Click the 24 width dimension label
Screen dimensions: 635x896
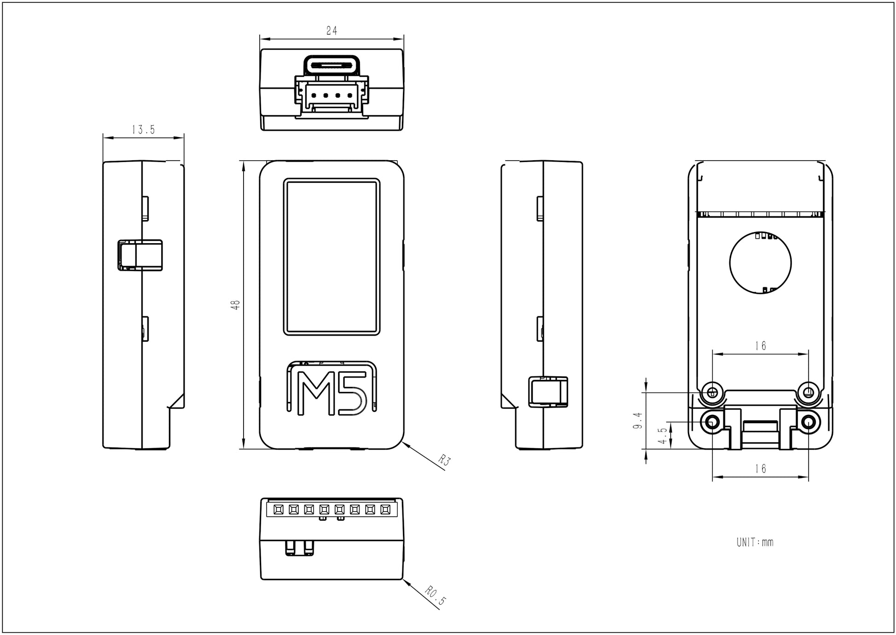coord(332,31)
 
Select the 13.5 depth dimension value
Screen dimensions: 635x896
coord(143,130)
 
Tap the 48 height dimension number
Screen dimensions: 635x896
coord(236,304)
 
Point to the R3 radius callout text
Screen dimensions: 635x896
coord(443,460)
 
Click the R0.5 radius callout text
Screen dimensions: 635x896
coord(436,595)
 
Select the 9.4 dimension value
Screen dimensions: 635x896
coord(638,421)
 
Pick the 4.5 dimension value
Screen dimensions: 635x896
coord(662,435)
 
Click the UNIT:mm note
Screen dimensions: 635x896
coord(755,542)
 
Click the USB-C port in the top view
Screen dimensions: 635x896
coord(332,64)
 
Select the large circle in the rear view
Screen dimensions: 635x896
coord(760,263)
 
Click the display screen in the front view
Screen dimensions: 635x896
coord(332,256)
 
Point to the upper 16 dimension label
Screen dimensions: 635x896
coord(760,346)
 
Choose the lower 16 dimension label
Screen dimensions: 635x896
coord(760,469)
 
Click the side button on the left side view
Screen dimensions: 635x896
coord(140,255)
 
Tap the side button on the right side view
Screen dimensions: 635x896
coord(548,391)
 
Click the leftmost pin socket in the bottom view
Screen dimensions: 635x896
coord(278,509)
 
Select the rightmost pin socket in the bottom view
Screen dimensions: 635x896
coord(385,509)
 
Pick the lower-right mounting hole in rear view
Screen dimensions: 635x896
coord(809,421)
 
